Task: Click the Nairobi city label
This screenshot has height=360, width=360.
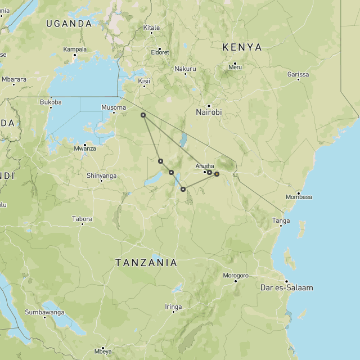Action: tap(209, 112)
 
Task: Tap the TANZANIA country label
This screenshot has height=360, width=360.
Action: tap(146, 263)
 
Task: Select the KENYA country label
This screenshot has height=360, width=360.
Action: tap(242, 47)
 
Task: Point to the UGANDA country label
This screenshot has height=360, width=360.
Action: tap(69, 24)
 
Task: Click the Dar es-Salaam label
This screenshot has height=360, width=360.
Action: tap(287, 288)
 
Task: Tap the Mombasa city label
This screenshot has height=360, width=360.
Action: tap(299, 197)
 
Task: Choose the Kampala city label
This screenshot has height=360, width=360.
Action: tap(75, 49)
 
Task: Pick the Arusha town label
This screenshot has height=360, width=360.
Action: tap(205, 166)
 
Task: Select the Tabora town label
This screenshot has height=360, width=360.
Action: tap(82, 219)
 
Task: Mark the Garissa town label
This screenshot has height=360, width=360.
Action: tap(298, 74)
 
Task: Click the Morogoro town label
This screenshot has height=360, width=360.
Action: tap(236, 276)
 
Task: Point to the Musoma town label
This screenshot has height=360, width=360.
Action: tap(114, 107)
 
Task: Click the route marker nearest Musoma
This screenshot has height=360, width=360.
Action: tap(143, 115)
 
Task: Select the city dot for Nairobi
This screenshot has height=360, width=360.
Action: tap(209, 106)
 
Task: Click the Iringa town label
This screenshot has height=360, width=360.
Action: tap(173, 307)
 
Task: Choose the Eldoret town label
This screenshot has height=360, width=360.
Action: tap(159, 52)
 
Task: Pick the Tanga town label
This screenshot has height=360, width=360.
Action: tap(281, 221)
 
